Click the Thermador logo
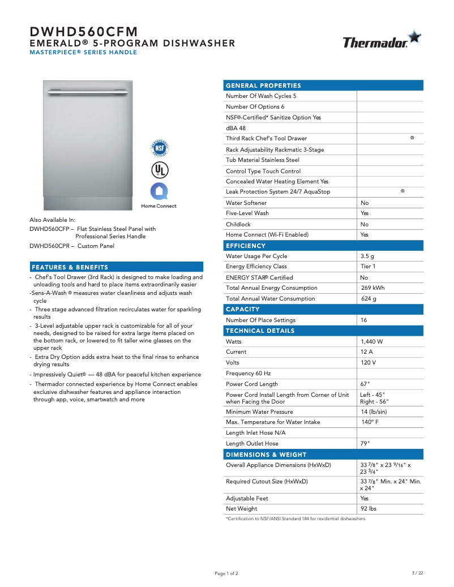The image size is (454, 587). coord(381,41)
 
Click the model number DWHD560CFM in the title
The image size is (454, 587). coord(83,32)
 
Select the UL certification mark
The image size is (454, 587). coord(159,170)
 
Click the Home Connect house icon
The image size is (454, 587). coord(159,191)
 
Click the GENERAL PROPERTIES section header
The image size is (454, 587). coord(263,85)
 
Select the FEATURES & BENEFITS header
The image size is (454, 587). coord(70,267)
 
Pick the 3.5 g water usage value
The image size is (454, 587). coord(367,256)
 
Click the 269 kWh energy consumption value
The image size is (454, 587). coord(372,288)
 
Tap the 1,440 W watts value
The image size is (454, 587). coord(372,342)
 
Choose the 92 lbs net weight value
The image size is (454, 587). coord(369,509)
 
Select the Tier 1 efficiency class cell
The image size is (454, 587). coord(368,267)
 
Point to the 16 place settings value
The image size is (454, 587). coord(364,320)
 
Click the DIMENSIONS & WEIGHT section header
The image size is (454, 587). coord(266,455)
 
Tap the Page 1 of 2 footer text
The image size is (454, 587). coord(226,573)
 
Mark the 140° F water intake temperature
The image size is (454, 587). coord(370,422)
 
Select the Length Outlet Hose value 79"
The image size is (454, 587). coord(367,444)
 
